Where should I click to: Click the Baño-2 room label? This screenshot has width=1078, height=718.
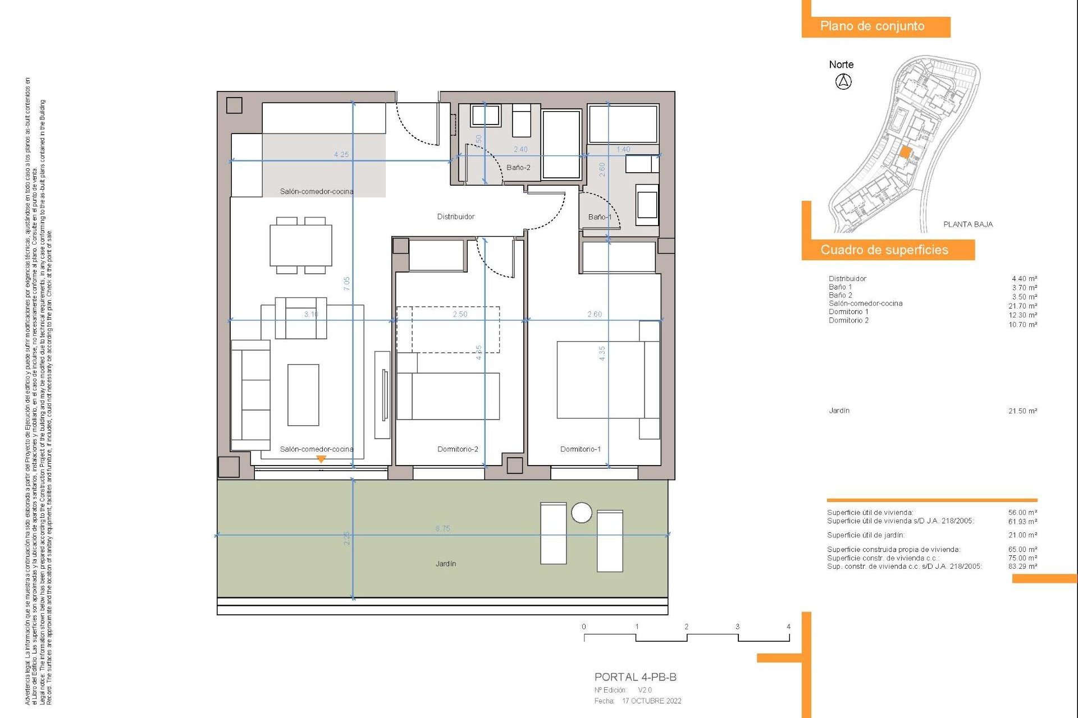(x=518, y=167)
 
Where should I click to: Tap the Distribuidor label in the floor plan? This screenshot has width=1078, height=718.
(x=455, y=217)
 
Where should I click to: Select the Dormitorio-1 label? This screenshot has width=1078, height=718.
(x=580, y=449)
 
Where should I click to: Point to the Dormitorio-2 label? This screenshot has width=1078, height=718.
(x=458, y=449)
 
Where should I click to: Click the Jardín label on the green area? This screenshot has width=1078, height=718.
(x=445, y=563)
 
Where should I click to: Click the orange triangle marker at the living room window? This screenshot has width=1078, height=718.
(x=321, y=459)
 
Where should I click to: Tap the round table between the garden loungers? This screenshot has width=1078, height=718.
(x=581, y=512)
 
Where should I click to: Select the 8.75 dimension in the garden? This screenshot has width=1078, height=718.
(x=442, y=528)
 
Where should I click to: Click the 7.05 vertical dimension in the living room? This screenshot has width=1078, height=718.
(x=346, y=283)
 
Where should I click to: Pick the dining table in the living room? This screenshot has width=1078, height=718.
(x=301, y=246)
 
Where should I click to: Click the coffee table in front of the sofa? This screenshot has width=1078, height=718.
(x=303, y=394)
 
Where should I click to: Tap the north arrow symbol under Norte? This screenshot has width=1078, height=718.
(x=843, y=82)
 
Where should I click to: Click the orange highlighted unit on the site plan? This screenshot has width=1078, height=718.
(x=905, y=152)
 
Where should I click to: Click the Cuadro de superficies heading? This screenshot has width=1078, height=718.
(x=884, y=250)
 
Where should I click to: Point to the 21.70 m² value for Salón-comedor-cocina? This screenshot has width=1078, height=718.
(x=1022, y=306)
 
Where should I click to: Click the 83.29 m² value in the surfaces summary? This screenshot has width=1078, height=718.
(x=1022, y=567)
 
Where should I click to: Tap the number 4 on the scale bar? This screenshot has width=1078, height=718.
(x=788, y=627)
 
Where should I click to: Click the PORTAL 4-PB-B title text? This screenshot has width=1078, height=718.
(x=635, y=677)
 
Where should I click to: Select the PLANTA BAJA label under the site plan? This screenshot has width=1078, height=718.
(x=967, y=224)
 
